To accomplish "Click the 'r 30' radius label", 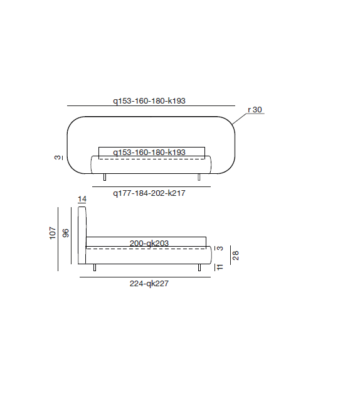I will coord(255,109).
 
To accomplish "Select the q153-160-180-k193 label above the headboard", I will coord(149,100).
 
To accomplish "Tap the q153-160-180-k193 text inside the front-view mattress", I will coord(149,153).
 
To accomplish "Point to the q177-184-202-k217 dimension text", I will coord(149,193).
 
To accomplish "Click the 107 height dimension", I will coord(53,234).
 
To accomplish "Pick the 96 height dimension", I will coord(65,234).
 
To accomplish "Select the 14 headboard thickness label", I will coord(82,200).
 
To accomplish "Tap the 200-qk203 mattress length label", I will coord(149,243).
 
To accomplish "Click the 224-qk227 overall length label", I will coord(149,283).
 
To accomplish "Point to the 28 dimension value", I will coord(236,255).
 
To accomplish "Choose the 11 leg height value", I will coord(220,267).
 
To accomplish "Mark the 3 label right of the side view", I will coord(220,248).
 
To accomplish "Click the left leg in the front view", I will coord(104,178).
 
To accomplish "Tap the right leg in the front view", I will coord(199,178).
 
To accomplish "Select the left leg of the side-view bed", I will coord(94,268).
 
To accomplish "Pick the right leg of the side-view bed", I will coord(199,268).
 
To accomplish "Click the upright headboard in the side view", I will coord(82,235).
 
